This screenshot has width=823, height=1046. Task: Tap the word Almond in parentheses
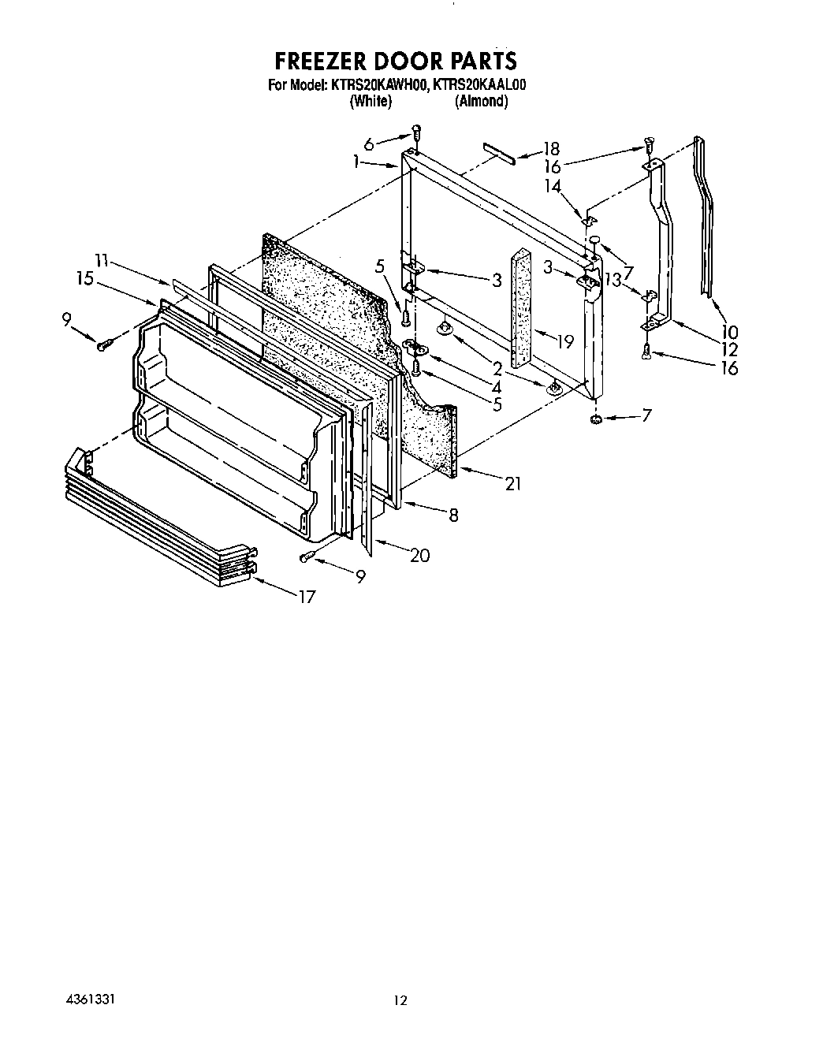point(480,101)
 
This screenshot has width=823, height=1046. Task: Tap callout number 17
point(305,597)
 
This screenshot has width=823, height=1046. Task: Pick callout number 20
point(419,555)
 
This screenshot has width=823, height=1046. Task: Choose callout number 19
point(564,341)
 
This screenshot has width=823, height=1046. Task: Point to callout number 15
point(86,278)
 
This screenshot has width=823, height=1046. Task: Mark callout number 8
point(453,515)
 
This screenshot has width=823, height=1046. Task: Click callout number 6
point(369,143)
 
